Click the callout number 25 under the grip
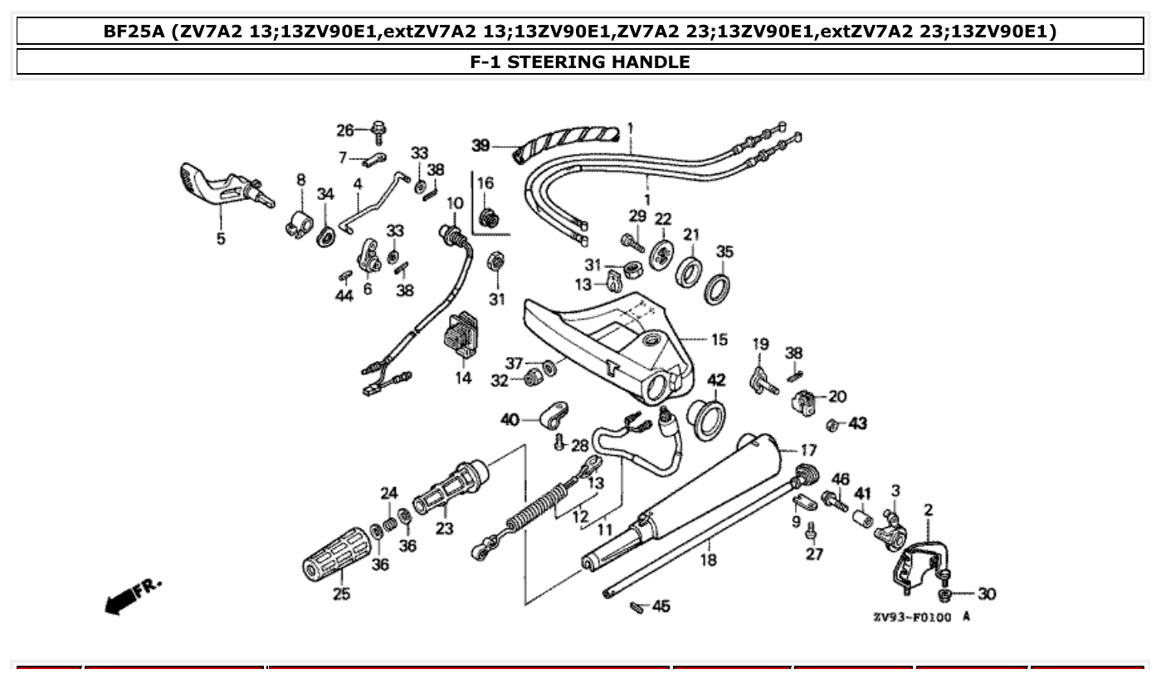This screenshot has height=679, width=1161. (x=341, y=594)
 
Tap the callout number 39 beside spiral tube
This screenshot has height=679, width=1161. (x=481, y=145)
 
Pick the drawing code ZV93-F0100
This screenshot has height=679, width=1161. (x=912, y=618)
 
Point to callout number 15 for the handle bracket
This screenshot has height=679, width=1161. (x=719, y=339)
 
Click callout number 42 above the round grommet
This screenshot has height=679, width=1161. (x=716, y=380)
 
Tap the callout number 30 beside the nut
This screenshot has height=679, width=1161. (x=986, y=594)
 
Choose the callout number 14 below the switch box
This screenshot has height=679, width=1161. (x=463, y=378)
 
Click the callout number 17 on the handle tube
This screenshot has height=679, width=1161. (x=807, y=451)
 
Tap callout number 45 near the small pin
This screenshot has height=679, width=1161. (x=661, y=606)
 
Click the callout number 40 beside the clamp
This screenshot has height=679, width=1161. (x=510, y=420)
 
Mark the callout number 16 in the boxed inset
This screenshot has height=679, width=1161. (x=485, y=183)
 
